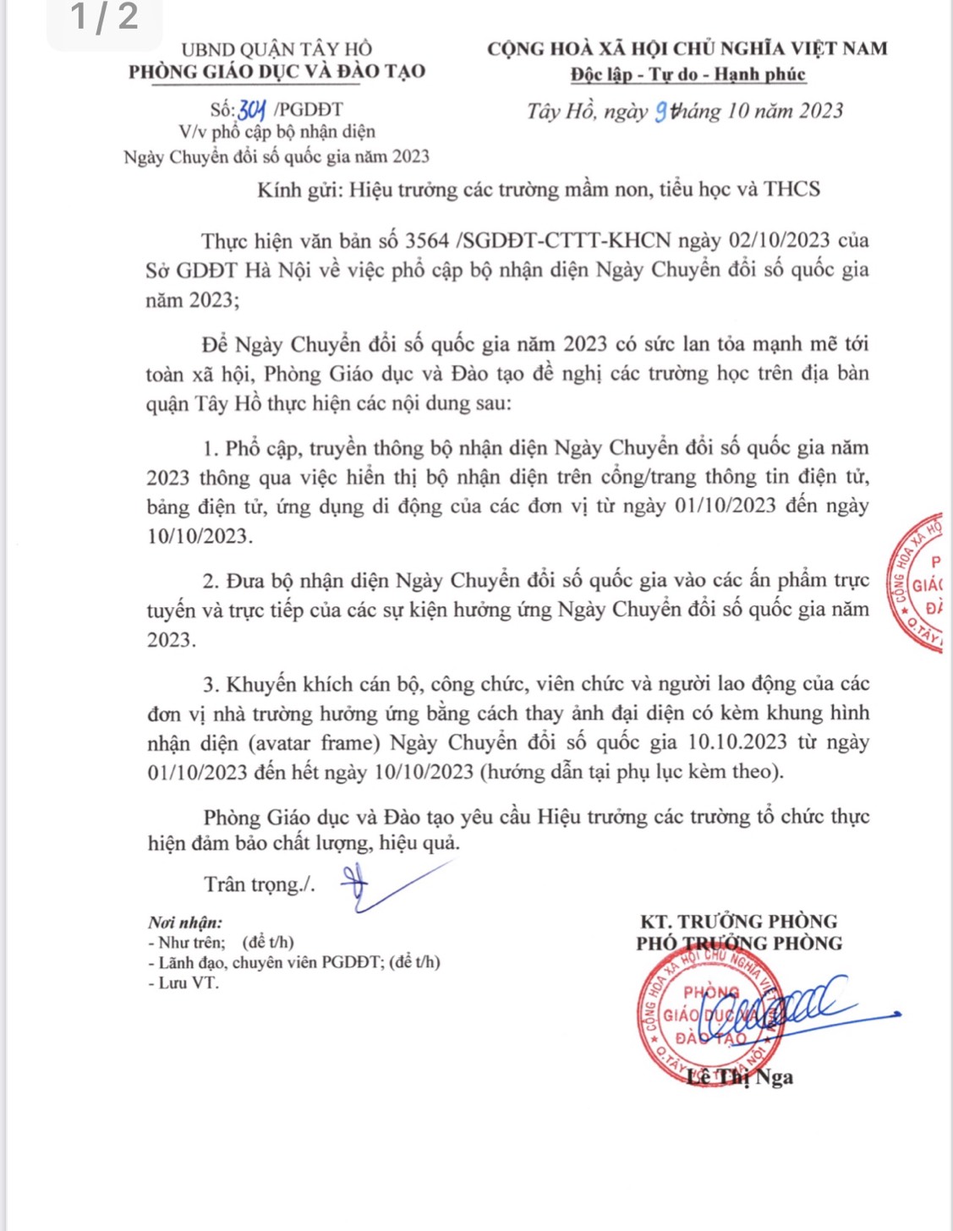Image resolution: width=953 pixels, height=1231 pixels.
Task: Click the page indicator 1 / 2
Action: [104, 17]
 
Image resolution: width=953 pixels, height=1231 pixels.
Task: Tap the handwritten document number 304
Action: [252, 110]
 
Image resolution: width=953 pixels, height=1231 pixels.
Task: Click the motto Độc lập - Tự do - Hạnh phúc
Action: [687, 74]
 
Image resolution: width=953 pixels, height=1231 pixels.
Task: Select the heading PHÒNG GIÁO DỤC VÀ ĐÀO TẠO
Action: [277, 72]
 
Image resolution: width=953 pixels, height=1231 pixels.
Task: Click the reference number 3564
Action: [427, 240]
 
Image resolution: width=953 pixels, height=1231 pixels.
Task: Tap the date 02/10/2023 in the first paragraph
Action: [779, 240]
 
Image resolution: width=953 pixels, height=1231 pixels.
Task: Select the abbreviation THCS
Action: [791, 189]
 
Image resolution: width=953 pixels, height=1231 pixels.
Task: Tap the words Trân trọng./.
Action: [259, 884]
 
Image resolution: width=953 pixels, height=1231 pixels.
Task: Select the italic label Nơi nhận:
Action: [185, 922]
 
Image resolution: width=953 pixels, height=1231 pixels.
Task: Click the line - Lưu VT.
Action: [183, 982]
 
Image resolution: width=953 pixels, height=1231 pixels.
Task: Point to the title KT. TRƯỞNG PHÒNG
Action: [739, 922]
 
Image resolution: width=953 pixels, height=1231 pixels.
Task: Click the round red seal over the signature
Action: [709, 1015]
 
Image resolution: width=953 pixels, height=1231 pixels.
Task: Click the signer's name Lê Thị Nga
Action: [741, 1077]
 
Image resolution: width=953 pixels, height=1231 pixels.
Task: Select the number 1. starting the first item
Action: [211, 448]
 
